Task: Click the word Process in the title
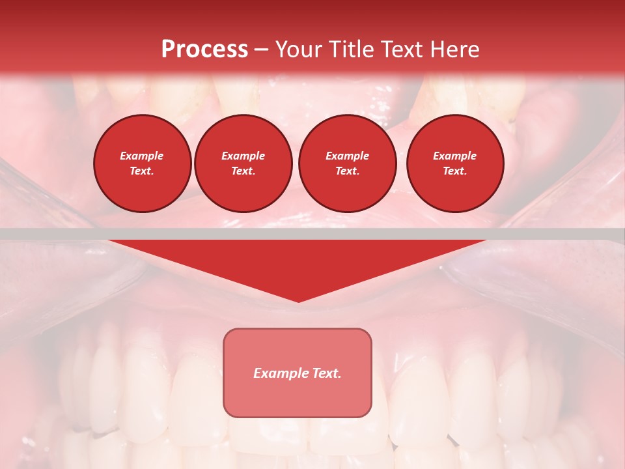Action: point(204,50)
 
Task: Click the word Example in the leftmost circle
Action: point(142,156)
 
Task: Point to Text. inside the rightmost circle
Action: point(454,171)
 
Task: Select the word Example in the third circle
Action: point(347,156)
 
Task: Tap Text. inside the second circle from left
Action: point(243,171)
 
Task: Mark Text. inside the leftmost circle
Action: point(142,171)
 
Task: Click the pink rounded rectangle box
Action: point(298,397)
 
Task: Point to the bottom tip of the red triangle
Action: point(298,300)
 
